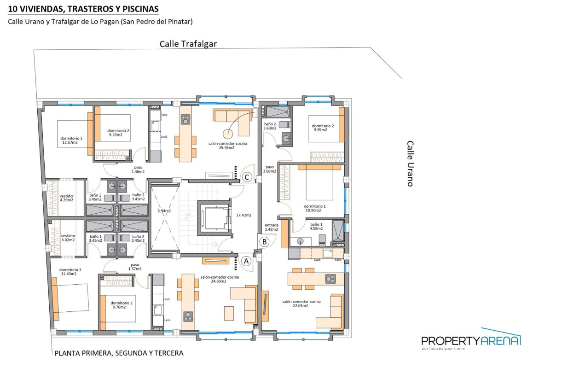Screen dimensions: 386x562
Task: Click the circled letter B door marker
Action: pyautogui.click(x=264, y=241)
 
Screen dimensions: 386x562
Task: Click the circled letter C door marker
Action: pyautogui.click(x=247, y=177)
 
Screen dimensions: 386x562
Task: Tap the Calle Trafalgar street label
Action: pyautogui.click(x=188, y=44)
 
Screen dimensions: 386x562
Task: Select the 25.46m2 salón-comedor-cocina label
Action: pyautogui.click(x=227, y=146)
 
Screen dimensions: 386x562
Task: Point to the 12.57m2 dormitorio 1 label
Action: pyautogui.click(x=71, y=140)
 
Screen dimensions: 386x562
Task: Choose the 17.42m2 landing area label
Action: pyautogui.click(x=244, y=215)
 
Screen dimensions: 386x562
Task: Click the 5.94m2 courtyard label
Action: pyautogui.click(x=164, y=211)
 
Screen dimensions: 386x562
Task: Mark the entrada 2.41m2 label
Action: pyautogui.click(x=271, y=227)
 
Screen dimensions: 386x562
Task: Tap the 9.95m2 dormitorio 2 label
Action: pyautogui.click(x=323, y=128)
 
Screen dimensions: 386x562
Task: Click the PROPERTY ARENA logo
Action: pyautogui.click(x=471, y=340)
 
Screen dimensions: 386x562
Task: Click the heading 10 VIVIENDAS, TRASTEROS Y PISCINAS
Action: pyautogui.click(x=83, y=9)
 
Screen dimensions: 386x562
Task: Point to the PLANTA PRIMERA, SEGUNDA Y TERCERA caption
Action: pyautogui.click(x=119, y=353)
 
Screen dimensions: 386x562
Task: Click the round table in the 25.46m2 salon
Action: pyautogui.click(x=228, y=134)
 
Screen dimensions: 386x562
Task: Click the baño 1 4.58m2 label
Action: pyautogui.click(x=316, y=226)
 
